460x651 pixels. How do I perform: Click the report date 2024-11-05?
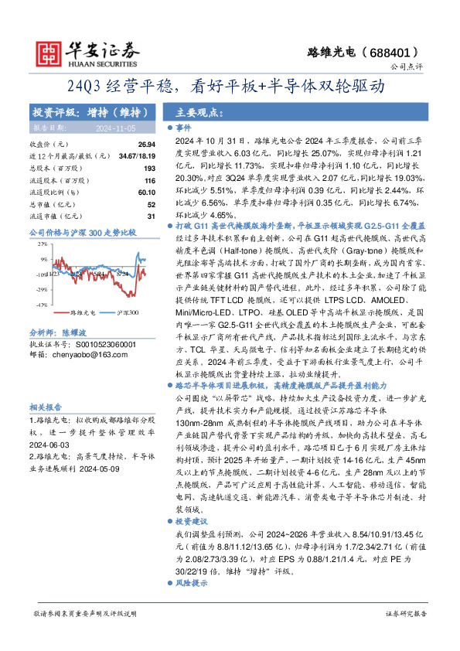[115, 128]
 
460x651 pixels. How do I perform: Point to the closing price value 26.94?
[147, 145]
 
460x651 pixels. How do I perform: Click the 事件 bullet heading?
[183, 128]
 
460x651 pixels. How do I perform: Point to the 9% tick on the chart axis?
[44, 259]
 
